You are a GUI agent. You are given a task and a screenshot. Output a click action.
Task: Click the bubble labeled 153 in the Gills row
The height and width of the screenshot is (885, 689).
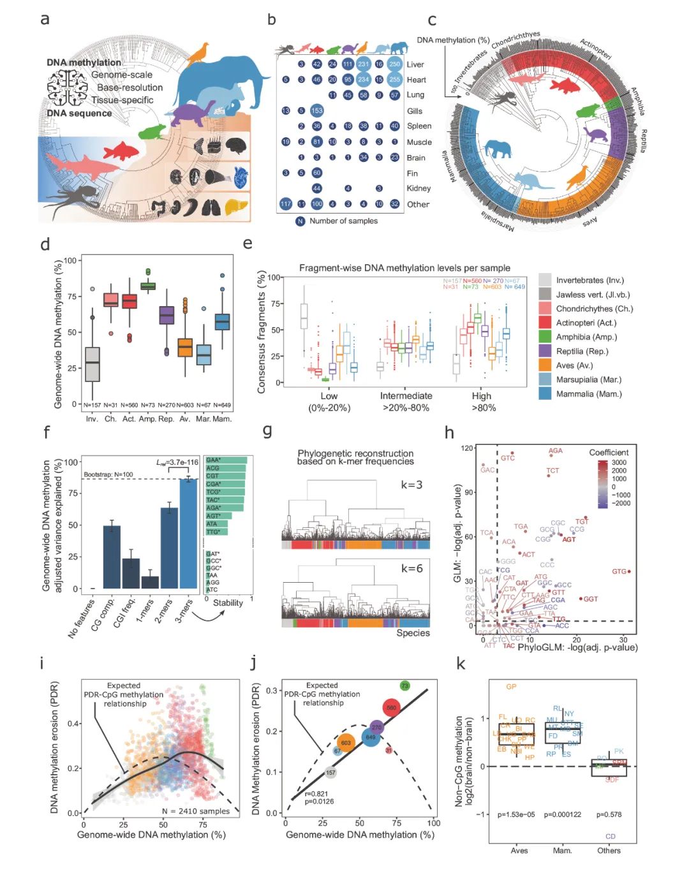tap(316, 110)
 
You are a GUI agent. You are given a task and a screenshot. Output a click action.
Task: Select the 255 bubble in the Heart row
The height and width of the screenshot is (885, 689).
tap(395, 80)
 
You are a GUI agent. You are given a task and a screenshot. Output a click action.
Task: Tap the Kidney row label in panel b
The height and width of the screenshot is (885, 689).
tap(419, 188)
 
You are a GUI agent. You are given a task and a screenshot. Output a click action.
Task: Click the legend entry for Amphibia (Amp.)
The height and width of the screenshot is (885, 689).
tap(586, 337)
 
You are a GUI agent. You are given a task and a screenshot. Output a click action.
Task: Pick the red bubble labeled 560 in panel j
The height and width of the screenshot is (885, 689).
tap(391, 707)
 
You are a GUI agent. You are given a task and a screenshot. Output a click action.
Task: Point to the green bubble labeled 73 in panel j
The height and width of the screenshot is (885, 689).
tap(404, 685)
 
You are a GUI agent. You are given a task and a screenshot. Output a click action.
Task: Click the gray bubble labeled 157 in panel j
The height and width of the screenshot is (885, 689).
tap(330, 772)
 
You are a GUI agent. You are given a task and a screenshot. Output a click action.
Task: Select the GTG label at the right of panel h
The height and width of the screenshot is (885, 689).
tap(619, 571)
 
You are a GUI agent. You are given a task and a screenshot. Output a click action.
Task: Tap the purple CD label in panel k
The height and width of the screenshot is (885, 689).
tap(611, 836)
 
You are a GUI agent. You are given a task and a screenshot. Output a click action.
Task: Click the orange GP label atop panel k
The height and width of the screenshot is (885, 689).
tap(511, 687)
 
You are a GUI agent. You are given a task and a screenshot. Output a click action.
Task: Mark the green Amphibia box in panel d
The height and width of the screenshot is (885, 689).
tap(148, 286)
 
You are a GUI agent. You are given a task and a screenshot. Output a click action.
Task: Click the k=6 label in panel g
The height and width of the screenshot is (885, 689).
tap(411, 568)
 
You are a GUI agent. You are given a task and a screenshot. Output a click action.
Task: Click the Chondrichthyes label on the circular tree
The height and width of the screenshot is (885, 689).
tap(515, 40)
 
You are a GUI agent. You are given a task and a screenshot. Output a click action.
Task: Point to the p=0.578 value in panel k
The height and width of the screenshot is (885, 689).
tap(609, 814)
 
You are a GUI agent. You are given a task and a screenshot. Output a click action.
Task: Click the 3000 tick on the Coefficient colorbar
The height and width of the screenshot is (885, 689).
tap(619, 462)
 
